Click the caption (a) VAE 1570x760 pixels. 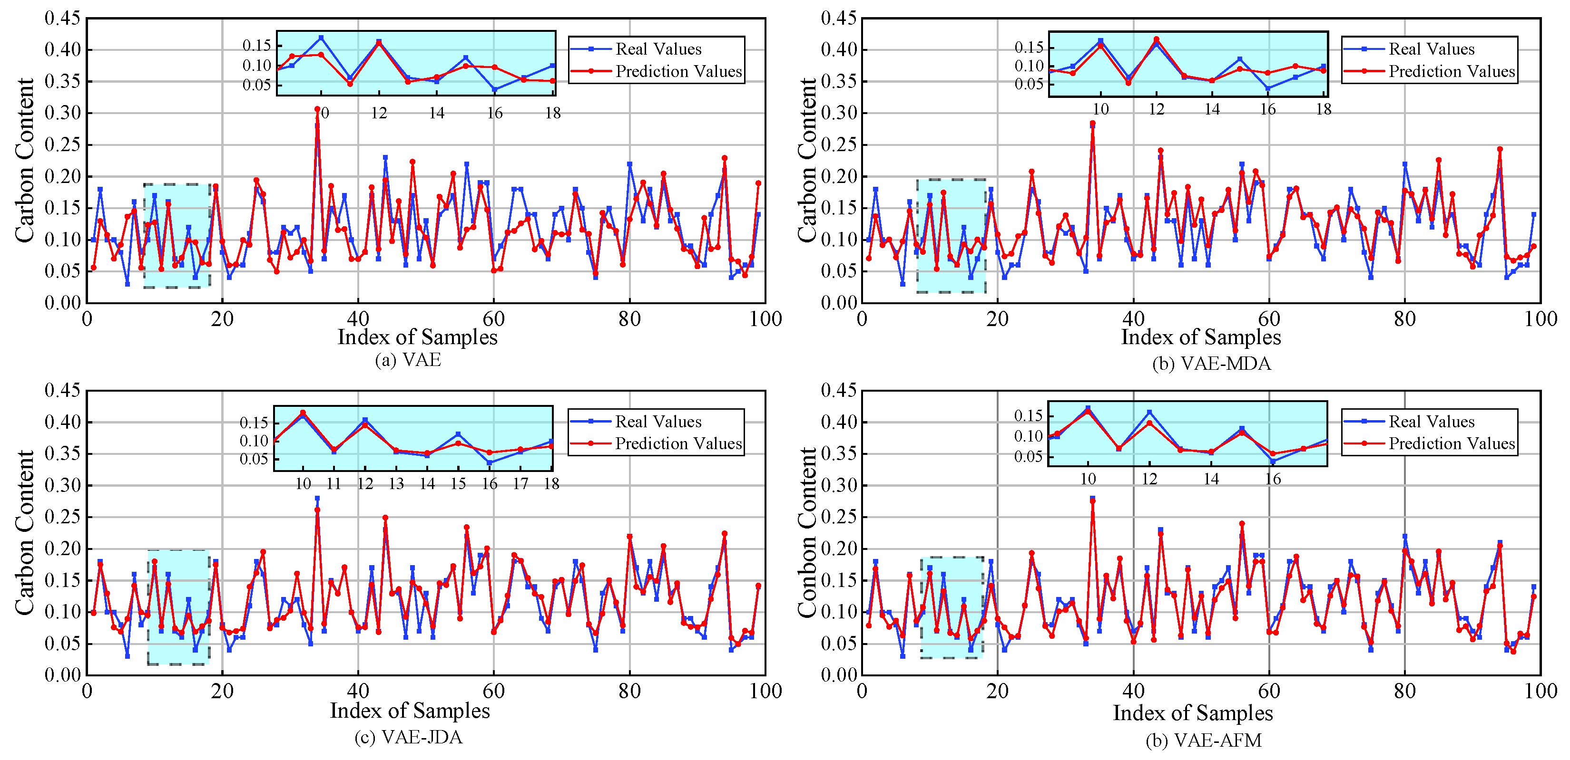[x=408, y=360]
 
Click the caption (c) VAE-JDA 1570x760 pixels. [x=408, y=738]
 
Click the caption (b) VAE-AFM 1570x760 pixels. [x=1203, y=740]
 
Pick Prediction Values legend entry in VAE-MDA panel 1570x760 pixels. [x=1451, y=71]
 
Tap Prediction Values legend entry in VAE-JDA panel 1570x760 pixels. [x=678, y=443]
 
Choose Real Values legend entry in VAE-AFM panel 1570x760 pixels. [x=1431, y=422]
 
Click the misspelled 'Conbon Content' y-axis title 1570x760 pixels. [x=807, y=533]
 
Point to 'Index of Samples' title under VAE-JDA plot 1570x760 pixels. [x=410, y=711]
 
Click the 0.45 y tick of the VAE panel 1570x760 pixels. [x=62, y=18]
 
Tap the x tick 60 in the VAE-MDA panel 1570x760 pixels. [x=1269, y=318]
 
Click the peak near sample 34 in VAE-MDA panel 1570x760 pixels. [x=1093, y=124]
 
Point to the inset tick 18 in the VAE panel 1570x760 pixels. [x=552, y=113]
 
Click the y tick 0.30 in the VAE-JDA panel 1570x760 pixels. [x=62, y=485]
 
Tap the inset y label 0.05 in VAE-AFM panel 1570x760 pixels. [x=1028, y=456]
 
